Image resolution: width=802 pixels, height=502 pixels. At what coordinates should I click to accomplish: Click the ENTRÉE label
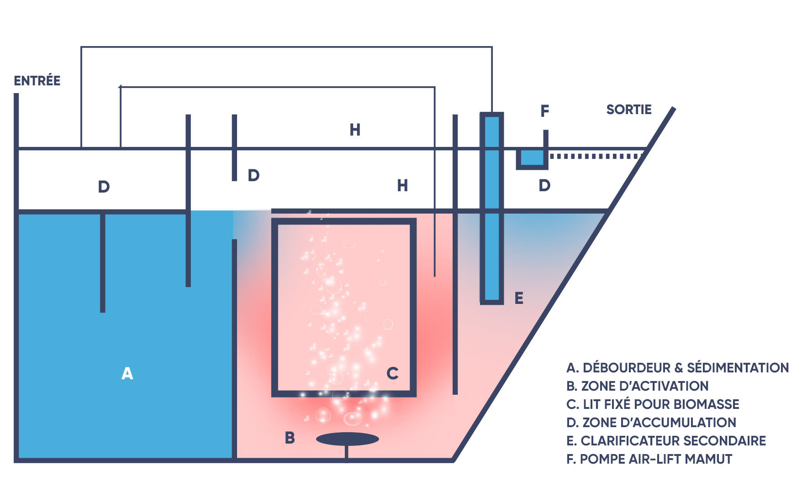tap(37, 81)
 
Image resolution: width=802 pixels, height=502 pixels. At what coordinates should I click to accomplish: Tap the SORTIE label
tap(628, 110)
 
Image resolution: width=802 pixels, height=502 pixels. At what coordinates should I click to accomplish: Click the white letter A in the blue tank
tap(127, 373)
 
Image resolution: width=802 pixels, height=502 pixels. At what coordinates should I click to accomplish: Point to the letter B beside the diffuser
tap(290, 438)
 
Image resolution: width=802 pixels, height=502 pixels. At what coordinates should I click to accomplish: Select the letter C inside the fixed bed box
tap(392, 373)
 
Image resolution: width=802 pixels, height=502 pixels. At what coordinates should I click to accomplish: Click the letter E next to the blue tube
tap(519, 298)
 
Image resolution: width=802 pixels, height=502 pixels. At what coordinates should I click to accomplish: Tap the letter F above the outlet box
tap(544, 111)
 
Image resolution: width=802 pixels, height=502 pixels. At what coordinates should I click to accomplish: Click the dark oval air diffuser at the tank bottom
tap(347, 439)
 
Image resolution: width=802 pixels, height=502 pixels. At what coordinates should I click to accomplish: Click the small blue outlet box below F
tap(532, 158)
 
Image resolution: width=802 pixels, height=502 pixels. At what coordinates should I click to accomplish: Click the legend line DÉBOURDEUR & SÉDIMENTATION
tap(677, 368)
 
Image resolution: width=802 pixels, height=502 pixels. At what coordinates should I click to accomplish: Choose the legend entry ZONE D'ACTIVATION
tap(637, 386)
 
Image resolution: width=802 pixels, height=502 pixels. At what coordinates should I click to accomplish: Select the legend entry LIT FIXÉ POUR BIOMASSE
tap(653, 404)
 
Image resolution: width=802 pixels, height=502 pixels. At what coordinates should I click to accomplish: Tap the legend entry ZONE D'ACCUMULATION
tap(651, 423)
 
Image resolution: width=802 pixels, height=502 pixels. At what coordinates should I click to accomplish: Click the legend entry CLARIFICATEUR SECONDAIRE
tap(666, 441)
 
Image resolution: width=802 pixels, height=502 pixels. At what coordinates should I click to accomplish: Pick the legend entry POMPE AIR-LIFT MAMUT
tap(649, 459)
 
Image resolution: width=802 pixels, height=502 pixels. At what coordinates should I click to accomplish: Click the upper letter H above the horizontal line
tap(355, 130)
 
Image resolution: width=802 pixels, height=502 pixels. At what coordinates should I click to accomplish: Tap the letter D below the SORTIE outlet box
tap(544, 186)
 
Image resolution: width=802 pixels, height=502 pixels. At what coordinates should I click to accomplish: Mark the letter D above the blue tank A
tap(104, 187)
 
